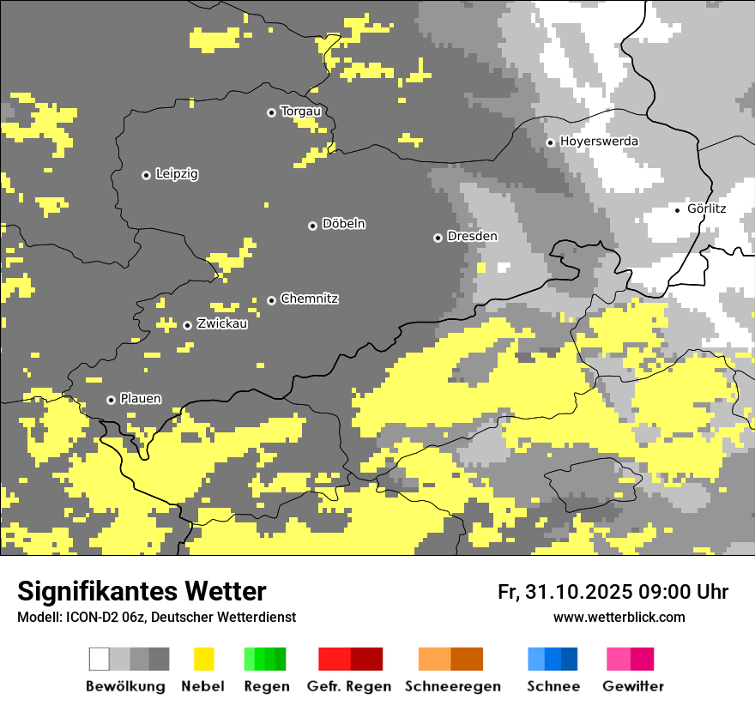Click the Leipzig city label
click(x=177, y=174)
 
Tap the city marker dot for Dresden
click(x=438, y=238)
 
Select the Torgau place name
click(x=300, y=112)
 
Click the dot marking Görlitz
click(x=678, y=209)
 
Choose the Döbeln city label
click(x=343, y=225)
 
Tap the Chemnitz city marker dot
click(x=272, y=300)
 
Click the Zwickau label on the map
click(x=222, y=324)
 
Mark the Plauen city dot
click(x=111, y=400)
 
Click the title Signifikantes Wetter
click(x=142, y=592)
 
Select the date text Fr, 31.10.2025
click(x=564, y=592)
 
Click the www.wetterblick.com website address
click(x=619, y=618)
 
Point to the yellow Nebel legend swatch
click(x=203, y=659)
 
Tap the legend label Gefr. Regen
click(x=349, y=686)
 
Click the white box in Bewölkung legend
click(x=100, y=659)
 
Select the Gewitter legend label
click(x=633, y=686)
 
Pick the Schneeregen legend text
click(x=453, y=686)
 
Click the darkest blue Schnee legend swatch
click(x=570, y=659)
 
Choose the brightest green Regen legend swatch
click(x=250, y=659)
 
